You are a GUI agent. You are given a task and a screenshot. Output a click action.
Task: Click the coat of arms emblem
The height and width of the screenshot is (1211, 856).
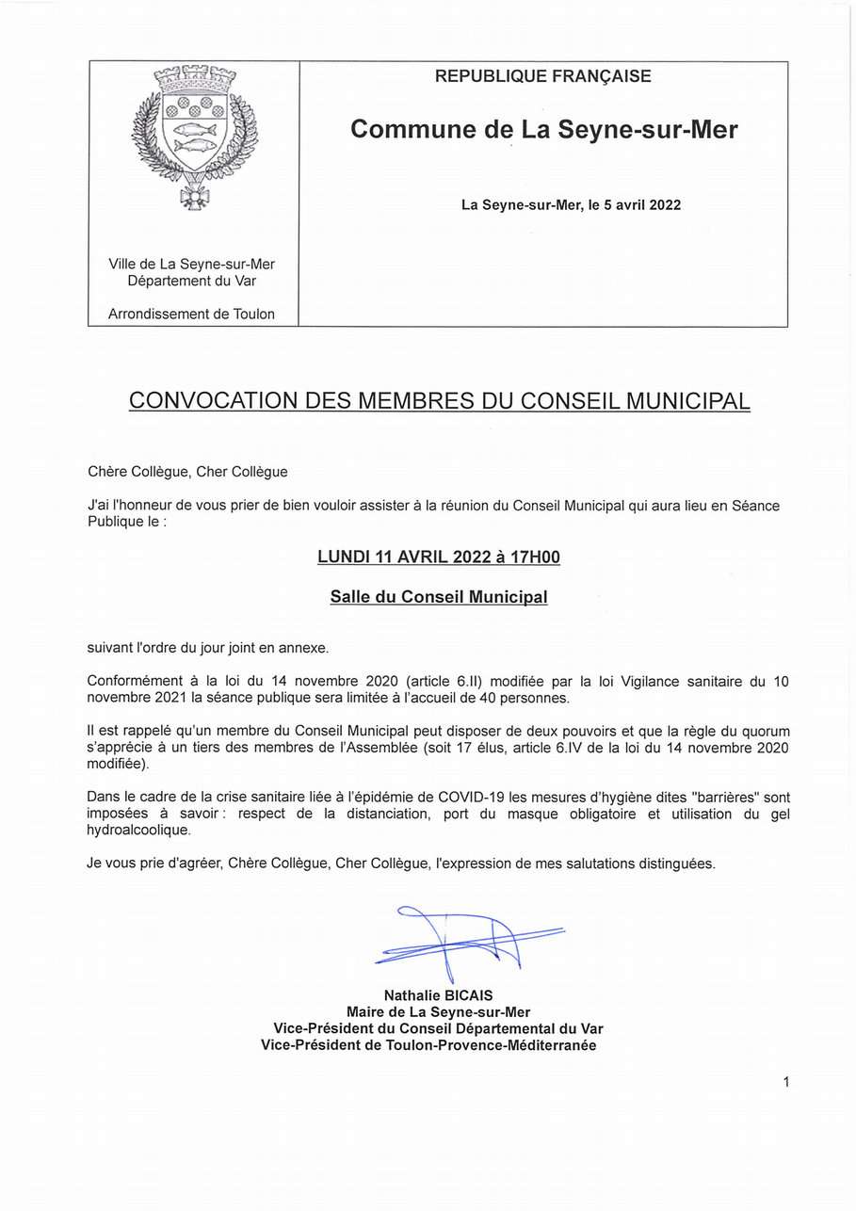pyautogui.click(x=194, y=135)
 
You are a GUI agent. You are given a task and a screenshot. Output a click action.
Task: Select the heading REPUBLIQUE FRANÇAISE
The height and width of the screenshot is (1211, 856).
pyautogui.click(x=542, y=77)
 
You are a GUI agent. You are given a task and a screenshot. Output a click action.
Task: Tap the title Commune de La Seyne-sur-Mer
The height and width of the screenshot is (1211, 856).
pyautogui.click(x=543, y=130)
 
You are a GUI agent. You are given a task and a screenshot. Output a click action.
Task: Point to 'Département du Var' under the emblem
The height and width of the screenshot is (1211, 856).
pyautogui.click(x=192, y=281)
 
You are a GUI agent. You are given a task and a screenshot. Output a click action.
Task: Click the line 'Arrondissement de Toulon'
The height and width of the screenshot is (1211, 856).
pyautogui.click(x=191, y=315)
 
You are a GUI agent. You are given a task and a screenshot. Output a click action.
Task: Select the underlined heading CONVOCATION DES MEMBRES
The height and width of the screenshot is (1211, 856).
pyautogui.click(x=439, y=401)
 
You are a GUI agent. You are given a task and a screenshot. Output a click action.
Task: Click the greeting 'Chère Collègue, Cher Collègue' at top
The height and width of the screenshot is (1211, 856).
pyautogui.click(x=187, y=472)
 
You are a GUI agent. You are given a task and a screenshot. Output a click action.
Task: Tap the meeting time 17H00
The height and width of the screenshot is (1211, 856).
pyautogui.click(x=535, y=557)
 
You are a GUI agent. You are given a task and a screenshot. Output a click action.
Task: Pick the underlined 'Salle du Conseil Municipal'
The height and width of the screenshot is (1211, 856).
pyautogui.click(x=439, y=597)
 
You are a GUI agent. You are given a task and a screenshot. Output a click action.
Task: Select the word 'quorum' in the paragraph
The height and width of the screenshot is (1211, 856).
pyautogui.click(x=758, y=731)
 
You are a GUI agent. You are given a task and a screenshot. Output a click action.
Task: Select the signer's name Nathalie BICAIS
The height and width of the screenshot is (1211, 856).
pyautogui.click(x=438, y=995)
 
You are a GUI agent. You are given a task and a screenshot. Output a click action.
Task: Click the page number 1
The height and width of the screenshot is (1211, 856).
pyautogui.click(x=785, y=1083)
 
